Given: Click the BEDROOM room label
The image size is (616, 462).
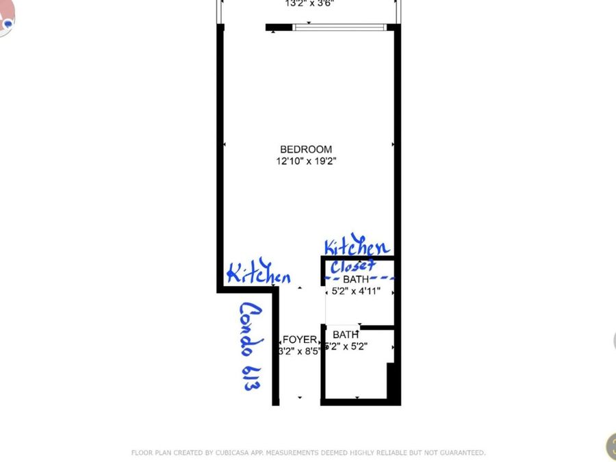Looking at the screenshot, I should (306, 149).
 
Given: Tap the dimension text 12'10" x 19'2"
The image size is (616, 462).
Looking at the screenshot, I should (306, 162).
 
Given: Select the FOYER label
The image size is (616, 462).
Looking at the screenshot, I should (300, 339).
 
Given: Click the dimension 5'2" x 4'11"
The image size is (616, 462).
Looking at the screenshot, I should (356, 291).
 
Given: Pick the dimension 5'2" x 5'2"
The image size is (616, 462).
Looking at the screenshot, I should (350, 346).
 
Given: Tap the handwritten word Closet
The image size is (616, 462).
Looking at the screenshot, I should (353, 266).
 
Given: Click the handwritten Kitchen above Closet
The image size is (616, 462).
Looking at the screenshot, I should (356, 247).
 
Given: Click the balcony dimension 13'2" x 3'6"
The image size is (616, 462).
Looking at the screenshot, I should (309, 3).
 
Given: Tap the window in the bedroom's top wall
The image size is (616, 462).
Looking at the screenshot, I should (339, 27).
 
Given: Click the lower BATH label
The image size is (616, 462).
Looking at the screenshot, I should (346, 335).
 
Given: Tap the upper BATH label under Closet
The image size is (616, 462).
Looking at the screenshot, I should (356, 279).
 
